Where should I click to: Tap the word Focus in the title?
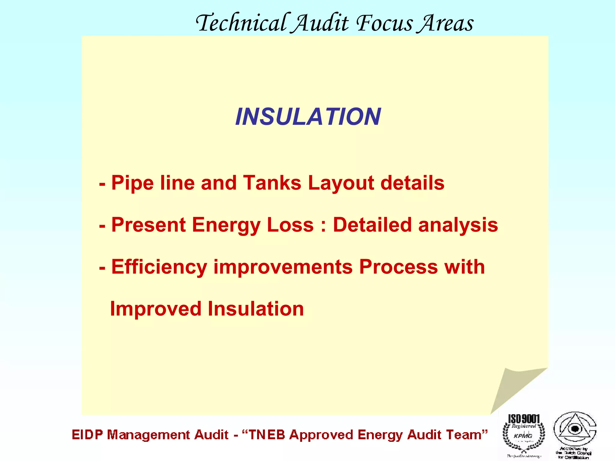pyautogui.click(x=384, y=23)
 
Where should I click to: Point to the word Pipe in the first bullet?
pyautogui.click(x=132, y=183)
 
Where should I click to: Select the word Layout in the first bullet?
pyautogui.click(x=341, y=183)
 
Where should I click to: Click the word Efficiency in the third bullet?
pyautogui.click(x=159, y=267)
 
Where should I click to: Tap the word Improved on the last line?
pyautogui.click(x=156, y=309)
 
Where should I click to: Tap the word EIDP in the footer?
pyautogui.click(x=87, y=435)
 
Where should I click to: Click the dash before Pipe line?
pyautogui.click(x=102, y=184)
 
